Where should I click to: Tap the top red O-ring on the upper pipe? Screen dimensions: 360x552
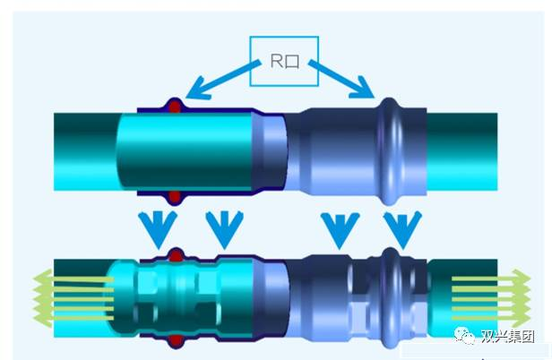177,106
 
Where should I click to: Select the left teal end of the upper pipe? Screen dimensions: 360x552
85,150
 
